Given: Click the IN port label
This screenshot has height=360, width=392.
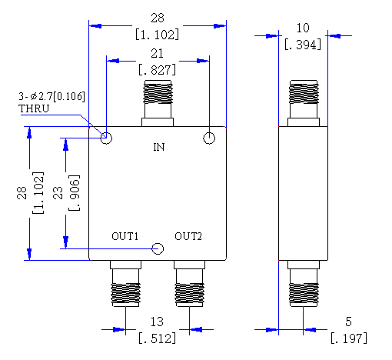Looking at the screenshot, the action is click(159, 147).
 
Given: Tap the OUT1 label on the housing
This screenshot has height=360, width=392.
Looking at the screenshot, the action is click(125, 236).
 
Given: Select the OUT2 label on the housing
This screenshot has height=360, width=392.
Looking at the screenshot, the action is click(188, 236).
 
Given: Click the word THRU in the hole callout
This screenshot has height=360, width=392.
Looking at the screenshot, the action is click(34, 108).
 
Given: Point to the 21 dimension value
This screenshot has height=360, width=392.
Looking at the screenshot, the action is click(157, 54).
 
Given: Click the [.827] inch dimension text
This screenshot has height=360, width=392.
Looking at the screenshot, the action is click(158, 70).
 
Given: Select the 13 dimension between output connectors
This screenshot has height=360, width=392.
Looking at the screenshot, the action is click(157, 322).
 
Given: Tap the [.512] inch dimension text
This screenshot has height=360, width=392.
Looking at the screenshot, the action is click(158, 338).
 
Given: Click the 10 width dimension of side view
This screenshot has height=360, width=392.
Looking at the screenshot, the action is click(303, 28).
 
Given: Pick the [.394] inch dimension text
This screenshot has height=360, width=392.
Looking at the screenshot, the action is click(303, 45).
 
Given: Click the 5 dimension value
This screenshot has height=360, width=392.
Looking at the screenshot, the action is click(349, 322).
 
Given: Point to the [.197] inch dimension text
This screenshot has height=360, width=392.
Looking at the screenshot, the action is click(349, 338).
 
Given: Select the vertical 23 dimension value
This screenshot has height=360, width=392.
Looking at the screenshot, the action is click(58, 193).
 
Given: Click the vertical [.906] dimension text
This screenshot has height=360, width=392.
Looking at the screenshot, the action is click(75, 193).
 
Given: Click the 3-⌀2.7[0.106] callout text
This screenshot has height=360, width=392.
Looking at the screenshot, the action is click(51, 96).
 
